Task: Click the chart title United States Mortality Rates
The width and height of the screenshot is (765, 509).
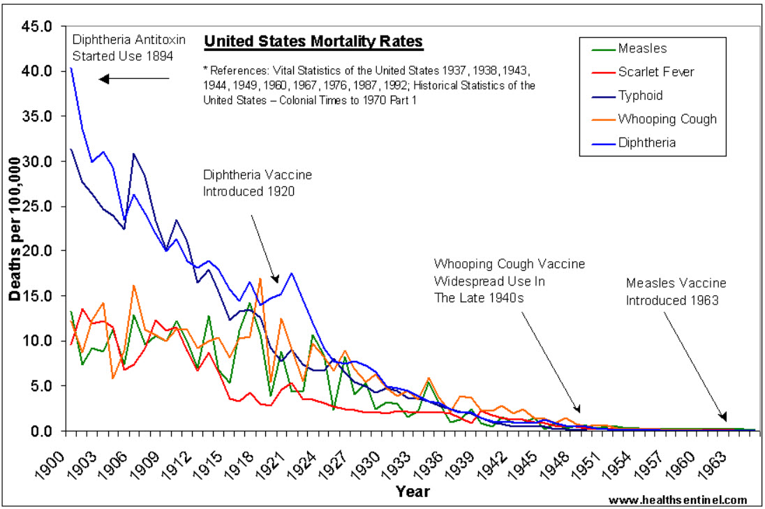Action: coord(313,42)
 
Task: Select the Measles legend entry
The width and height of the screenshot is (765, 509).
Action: coord(642,49)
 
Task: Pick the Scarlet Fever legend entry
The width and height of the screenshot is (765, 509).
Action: coord(656,72)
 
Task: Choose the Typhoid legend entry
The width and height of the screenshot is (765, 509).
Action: coord(640,96)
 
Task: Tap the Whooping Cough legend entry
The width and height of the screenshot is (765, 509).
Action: coord(667,119)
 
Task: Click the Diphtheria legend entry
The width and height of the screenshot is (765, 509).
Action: coord(646,142)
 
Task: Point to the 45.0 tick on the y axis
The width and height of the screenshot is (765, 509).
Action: coord(38,27)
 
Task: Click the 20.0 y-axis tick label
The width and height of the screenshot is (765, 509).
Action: coord(38,251)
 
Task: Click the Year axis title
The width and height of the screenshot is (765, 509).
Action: coord(413,492)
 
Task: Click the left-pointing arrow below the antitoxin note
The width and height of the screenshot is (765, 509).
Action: coord(134,79)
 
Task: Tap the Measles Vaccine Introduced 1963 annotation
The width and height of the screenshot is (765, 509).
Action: coord(676,292)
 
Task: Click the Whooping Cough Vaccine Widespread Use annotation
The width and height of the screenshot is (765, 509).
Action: coord(509,281)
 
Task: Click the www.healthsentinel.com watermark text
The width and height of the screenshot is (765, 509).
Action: coord(678,500)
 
